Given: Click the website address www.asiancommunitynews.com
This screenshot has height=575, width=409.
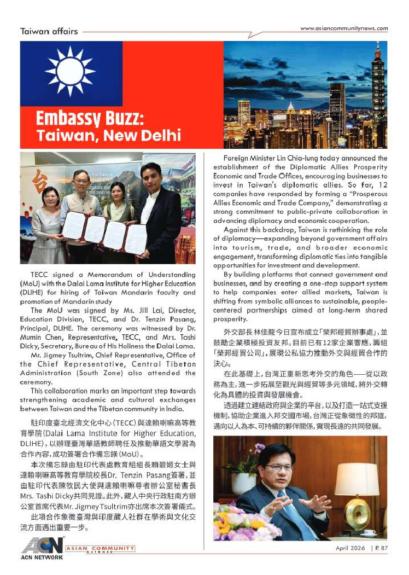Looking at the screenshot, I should coord(344,28).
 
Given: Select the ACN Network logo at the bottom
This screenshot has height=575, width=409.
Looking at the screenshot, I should coord(43,548).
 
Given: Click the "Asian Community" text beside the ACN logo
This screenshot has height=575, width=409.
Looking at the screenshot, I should coord(100,548).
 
